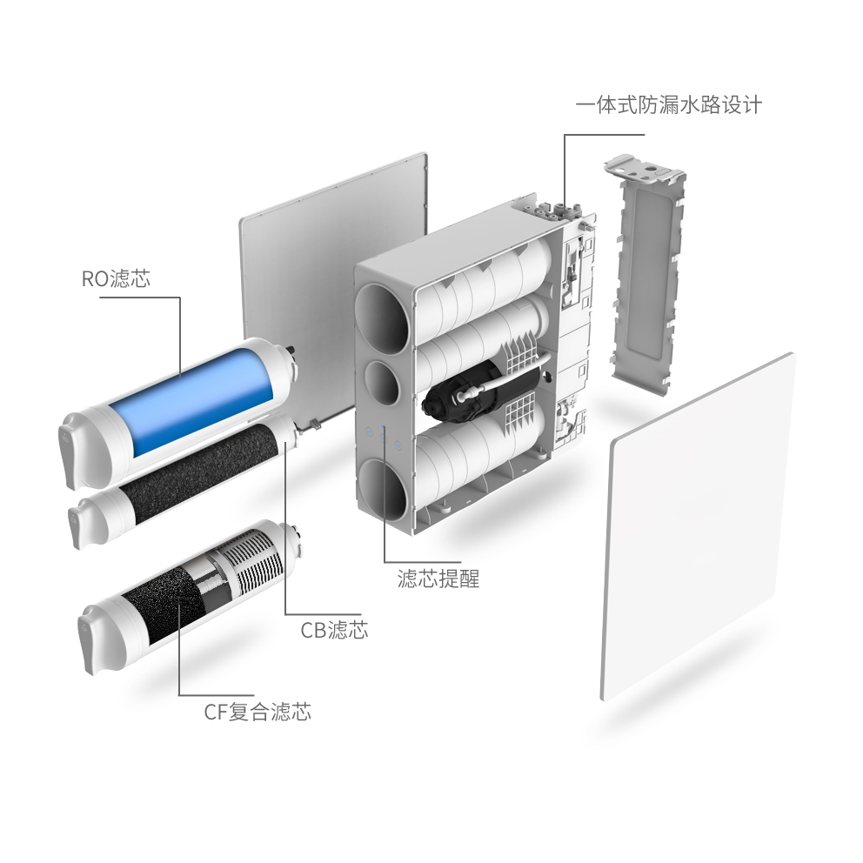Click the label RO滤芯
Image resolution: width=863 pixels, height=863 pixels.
pyautogui.click(x=116, y=279)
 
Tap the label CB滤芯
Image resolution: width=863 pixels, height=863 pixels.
pyautogui.click(x=334, y=630)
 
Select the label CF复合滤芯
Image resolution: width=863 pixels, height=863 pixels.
pyautogui.click(x=257, y=712)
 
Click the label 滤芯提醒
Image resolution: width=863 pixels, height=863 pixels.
pyautogui.click(x=438, y=579)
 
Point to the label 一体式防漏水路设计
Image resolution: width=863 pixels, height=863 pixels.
pyautogui.click(x=668, y=105)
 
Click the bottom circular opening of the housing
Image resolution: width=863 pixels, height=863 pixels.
pyautogui.click(x=383, y=488)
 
